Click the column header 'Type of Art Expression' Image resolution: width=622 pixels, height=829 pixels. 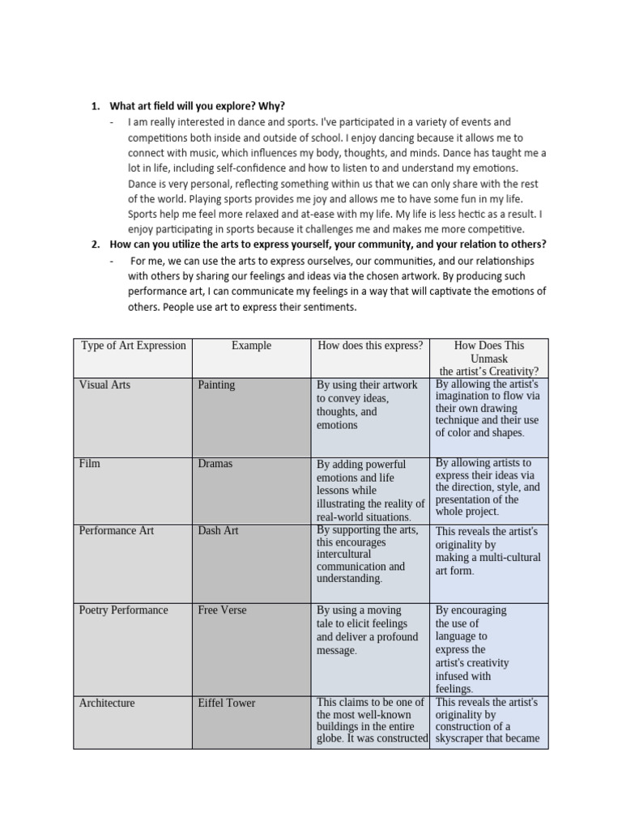[x=134, y=346]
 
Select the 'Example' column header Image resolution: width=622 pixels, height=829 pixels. [x=251, y=346]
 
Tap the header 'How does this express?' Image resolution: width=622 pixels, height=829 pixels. [x=370, y=346]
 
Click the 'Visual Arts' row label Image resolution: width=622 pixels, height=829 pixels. [x=104, y=385]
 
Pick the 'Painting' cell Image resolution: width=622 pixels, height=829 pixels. [x=216, y=385]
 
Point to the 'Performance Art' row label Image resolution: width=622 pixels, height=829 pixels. [x=117, y=531]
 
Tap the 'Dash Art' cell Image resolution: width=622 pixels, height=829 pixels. [x=218, y=531]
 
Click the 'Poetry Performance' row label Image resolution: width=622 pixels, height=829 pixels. [x=124, y=610]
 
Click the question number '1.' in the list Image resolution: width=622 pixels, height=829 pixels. [x=95, y=106]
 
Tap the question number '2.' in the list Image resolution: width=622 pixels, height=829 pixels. [x=95, y=244]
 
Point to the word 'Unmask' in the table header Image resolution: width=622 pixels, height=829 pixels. [x=489, y=359]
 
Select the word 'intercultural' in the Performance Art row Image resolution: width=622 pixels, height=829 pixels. [x=343, y=555]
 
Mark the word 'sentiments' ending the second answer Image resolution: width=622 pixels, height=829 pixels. [x=330, y=308]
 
